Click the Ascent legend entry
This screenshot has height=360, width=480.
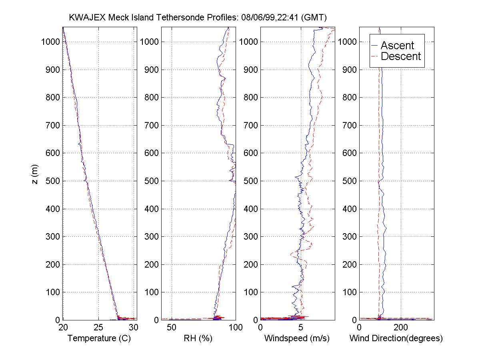(x=397, y=45)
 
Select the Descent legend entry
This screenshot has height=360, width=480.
(x=401, y=56)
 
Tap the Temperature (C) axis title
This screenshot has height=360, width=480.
(x=99, y=338)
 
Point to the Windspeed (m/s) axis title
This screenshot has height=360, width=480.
(x=297, y=338)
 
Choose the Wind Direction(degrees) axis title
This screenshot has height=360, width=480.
(x=396, y=338)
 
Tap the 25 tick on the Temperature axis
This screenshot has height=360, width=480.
(x=98, y=327)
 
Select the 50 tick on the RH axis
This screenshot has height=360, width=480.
(x=172, y=327)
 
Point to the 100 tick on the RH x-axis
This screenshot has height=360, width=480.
(x=235, y=327)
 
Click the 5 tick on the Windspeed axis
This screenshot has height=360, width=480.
(x=301, y=327)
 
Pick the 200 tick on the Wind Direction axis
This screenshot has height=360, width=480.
(x=401, y=327)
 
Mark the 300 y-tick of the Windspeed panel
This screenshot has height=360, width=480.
(x=250, y=236)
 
